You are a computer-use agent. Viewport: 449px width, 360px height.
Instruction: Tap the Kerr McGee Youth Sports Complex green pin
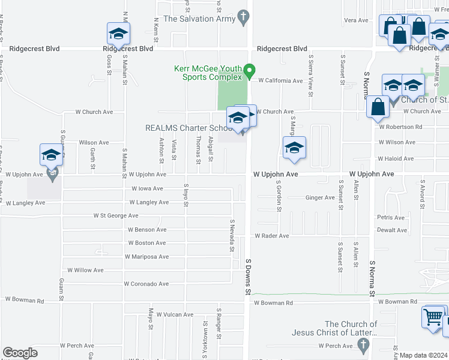[252, 71]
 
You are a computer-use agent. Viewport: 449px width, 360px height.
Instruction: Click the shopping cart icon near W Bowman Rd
[433, 317]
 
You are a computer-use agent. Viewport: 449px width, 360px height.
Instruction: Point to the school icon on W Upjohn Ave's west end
[52, 155]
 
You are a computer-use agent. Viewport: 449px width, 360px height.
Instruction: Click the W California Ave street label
[281, 80]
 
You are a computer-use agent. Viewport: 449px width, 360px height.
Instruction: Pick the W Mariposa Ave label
[146, 256]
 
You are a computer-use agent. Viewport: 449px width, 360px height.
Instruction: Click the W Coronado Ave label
[146, 284]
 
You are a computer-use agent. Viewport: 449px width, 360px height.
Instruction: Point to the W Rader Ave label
[272, 236]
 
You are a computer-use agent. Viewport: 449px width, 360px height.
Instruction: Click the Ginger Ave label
[320, 197]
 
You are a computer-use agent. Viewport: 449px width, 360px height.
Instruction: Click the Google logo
[20, 353]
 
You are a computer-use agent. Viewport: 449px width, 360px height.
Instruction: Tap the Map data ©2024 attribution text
[424, 355]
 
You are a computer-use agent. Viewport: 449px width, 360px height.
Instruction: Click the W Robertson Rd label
[400, 127]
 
